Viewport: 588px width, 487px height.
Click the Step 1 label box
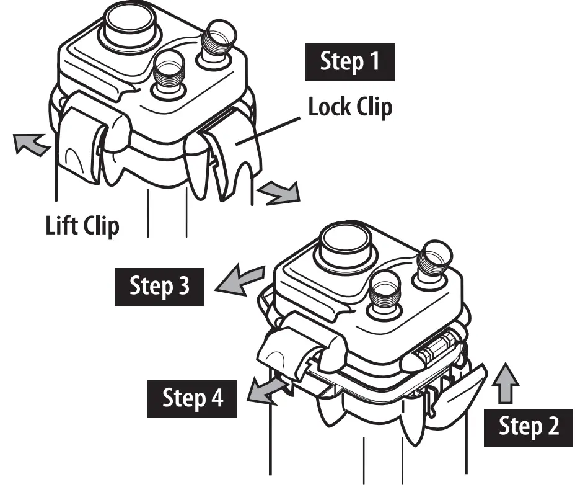coord(349,63)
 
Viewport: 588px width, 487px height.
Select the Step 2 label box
coord(529,427)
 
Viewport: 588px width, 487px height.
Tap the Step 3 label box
coord(160,286)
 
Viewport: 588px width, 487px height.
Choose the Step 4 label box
coord(193,398)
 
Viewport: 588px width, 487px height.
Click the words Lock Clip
coord(350,107)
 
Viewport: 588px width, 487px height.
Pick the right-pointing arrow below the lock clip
coord(279,192)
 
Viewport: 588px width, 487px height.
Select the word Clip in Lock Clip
coord(374,107)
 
